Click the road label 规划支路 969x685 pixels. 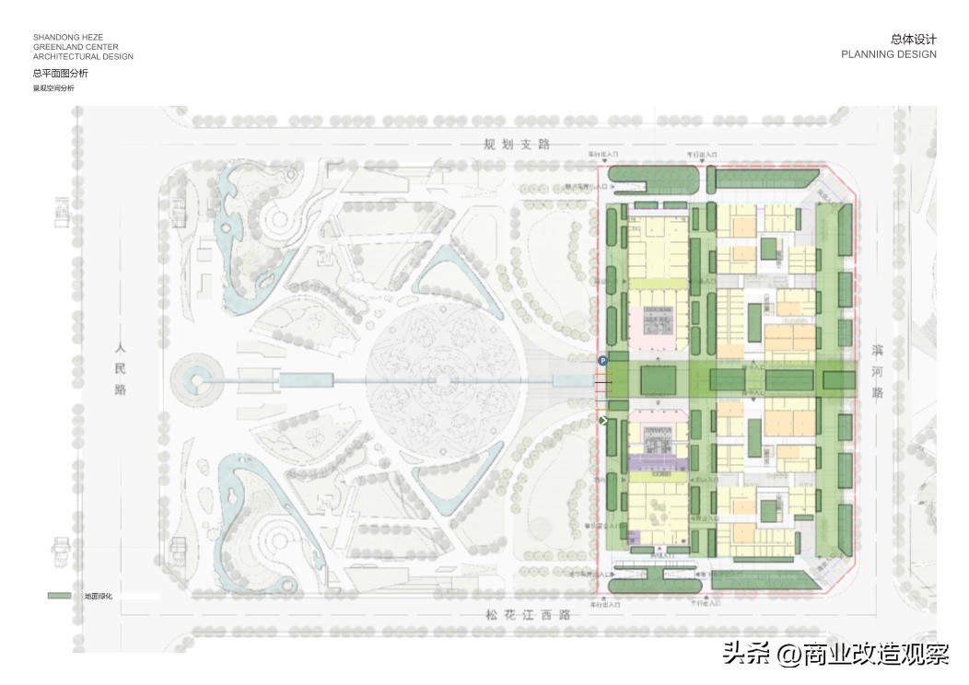[x=517, y=145]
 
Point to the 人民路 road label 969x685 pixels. [x=120, y=370]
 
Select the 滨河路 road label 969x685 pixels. [x=877, y=370]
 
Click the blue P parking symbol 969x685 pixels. [x=603, y=361]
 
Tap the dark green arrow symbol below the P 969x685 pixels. [x=603, y=421]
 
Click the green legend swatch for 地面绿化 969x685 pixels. [x=60, y=597]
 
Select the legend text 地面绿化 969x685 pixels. [x=98, y=597]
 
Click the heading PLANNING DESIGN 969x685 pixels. [x=888, y=54]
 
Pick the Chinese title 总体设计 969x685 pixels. [x=913, y=40]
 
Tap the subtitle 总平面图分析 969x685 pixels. [x=61, y=73]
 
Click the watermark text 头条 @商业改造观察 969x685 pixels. [x=835, y=654]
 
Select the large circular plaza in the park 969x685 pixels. [x=442, y=379]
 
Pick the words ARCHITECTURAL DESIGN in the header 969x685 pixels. [x=83, y=57]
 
